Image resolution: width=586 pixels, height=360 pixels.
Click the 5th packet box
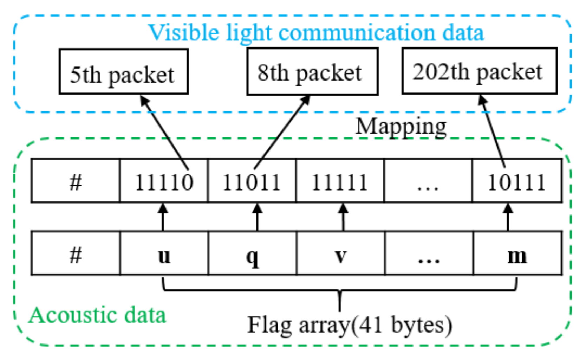123,72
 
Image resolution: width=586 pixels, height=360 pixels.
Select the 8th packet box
312,72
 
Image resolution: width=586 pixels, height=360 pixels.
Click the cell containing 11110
164,181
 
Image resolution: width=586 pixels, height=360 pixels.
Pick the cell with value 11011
252,181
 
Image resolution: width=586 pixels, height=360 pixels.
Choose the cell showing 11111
340,181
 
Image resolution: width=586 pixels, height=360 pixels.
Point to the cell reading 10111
516,181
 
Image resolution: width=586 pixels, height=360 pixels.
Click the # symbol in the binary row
76,181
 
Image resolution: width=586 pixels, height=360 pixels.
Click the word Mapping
401,127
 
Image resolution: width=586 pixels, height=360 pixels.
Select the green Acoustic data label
97,315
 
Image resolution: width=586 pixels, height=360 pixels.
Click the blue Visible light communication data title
315,32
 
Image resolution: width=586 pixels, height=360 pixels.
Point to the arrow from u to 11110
163,217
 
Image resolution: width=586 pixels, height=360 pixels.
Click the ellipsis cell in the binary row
428,181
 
